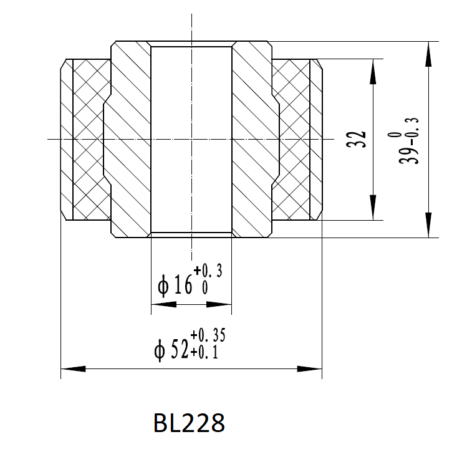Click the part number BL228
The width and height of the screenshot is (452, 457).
(x=188, y=423)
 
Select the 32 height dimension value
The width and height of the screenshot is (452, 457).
(x=356, y=140)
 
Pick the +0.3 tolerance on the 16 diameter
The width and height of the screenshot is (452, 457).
(x=208, y=272)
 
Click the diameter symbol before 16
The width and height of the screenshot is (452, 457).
(x=164, y=286)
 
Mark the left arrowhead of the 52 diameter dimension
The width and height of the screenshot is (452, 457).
(x=72, y=369)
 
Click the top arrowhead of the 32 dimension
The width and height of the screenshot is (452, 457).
(x=372, y=71)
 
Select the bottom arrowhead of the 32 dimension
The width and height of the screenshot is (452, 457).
(x=372, y=208)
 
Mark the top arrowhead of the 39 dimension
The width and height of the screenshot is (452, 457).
(x=428, y=54)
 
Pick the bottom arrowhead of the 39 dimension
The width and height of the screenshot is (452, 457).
(x=428, y=225)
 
